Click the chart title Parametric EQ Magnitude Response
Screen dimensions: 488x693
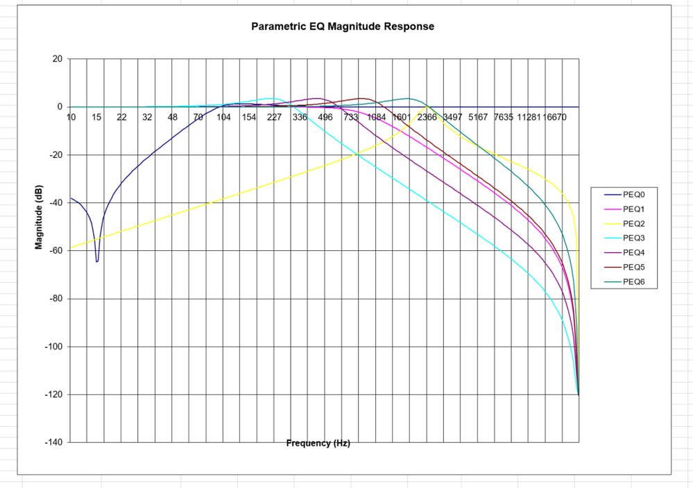point(342,27)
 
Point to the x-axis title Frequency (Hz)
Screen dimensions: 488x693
point(318,443)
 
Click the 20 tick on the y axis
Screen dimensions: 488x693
point(57,60)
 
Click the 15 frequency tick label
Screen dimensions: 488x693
point(96,117)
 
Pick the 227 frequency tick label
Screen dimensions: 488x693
point(274,117)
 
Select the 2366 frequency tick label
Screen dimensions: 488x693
point(427,117)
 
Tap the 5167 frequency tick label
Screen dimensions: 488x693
point(478,117)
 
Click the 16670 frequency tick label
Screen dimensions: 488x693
point(555,117)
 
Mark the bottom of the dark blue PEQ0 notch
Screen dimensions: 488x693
point(97,261)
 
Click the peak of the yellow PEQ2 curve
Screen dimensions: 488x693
point(426,107)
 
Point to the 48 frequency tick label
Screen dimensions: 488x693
point(173,117)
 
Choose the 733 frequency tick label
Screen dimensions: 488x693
point(351,117)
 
